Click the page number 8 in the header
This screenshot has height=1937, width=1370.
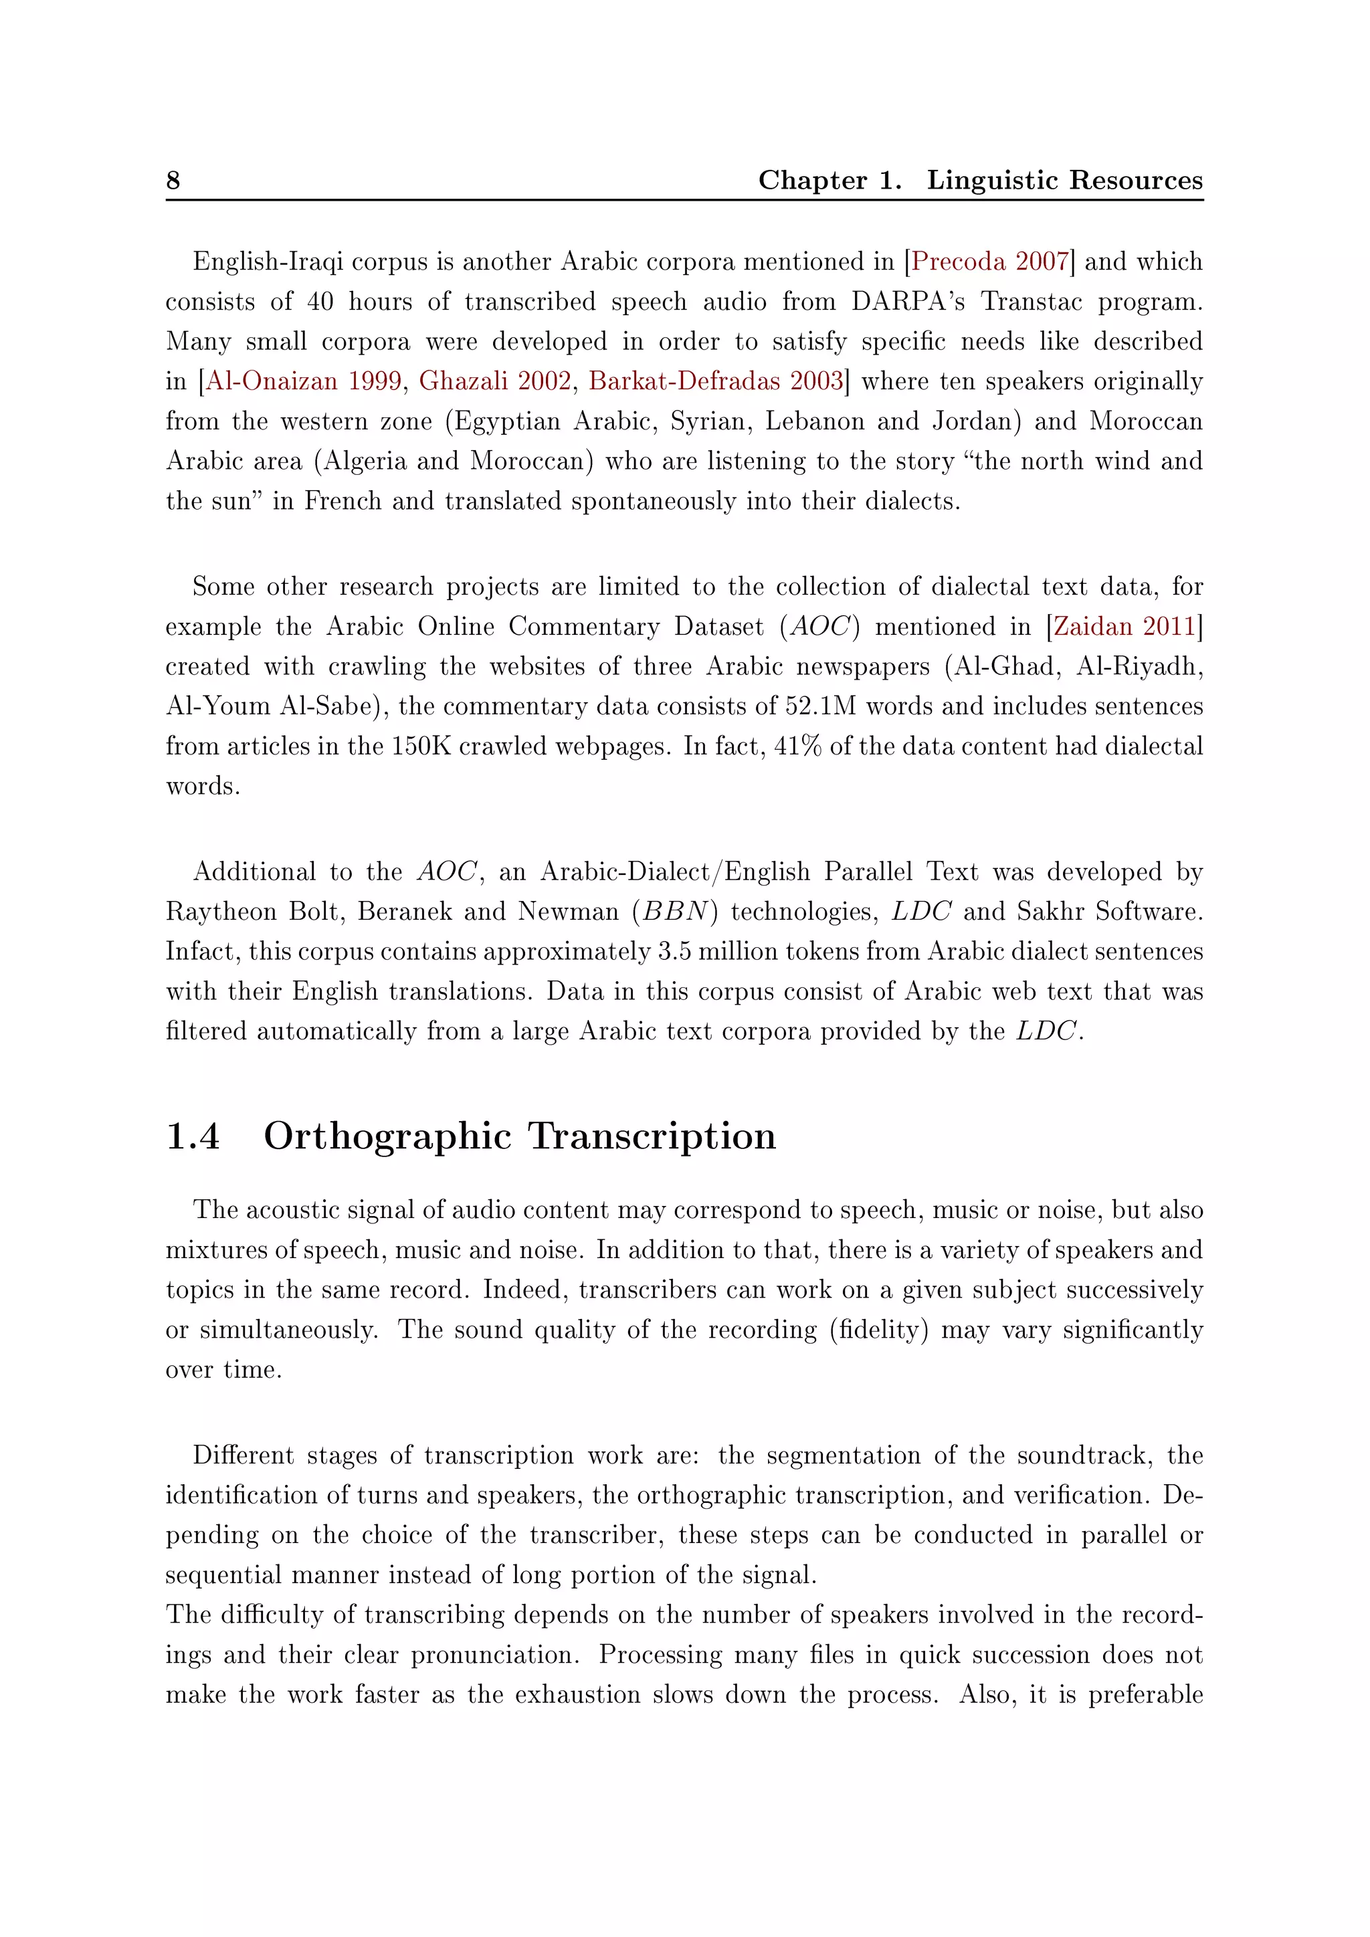pos(173,181)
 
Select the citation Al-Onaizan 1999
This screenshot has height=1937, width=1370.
pos(304,381)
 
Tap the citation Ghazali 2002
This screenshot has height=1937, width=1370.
pos(495,381)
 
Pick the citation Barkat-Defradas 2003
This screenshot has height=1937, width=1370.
pos(715,381)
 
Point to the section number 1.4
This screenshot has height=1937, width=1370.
pos(193,1136)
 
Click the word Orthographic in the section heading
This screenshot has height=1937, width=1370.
pos(387,1136)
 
